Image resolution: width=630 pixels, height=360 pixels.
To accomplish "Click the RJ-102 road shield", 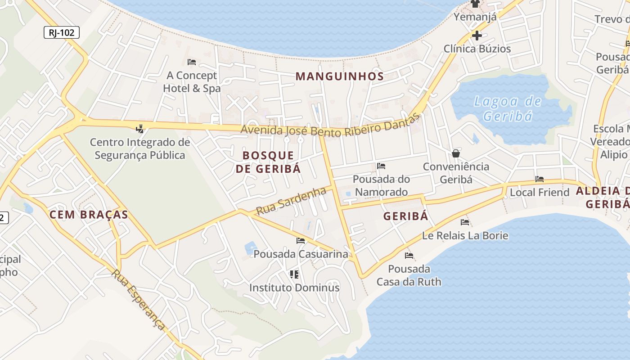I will [62, 32].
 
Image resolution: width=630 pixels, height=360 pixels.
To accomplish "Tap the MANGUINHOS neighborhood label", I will [340, 76].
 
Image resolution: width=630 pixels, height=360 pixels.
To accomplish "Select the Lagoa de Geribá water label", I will [508, 108].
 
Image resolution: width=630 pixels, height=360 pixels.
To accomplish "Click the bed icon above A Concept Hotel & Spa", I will [192, 62].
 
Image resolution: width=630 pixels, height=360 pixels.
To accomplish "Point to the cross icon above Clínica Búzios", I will [477, 35].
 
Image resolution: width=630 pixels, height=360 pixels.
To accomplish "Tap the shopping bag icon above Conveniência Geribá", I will [456, 153].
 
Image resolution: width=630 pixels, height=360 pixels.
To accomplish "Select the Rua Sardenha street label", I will [291, 201].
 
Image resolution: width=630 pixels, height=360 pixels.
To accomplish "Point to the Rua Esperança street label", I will [139, 300].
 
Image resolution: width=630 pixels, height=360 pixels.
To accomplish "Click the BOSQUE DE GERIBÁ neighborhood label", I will [268, 162].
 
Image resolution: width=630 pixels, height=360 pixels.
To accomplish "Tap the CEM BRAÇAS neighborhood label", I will [89, 215].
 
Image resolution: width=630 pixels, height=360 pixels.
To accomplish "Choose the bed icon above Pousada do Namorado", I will [381, 166].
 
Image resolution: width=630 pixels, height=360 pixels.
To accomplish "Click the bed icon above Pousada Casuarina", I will [301, 241].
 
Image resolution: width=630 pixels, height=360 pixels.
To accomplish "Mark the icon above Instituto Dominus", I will [294, 274].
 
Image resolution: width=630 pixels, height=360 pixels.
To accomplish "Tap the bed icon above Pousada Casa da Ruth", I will [409, 256].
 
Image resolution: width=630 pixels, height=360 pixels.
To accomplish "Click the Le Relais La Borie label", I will [465, 235].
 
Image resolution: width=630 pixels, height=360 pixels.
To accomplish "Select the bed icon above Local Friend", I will [540, 179].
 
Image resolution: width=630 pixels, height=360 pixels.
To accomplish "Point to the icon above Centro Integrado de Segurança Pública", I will [140, 129].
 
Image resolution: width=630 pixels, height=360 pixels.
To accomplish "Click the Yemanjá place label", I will [475, 17].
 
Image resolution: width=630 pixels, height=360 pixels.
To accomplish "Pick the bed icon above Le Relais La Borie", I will [465, 222].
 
